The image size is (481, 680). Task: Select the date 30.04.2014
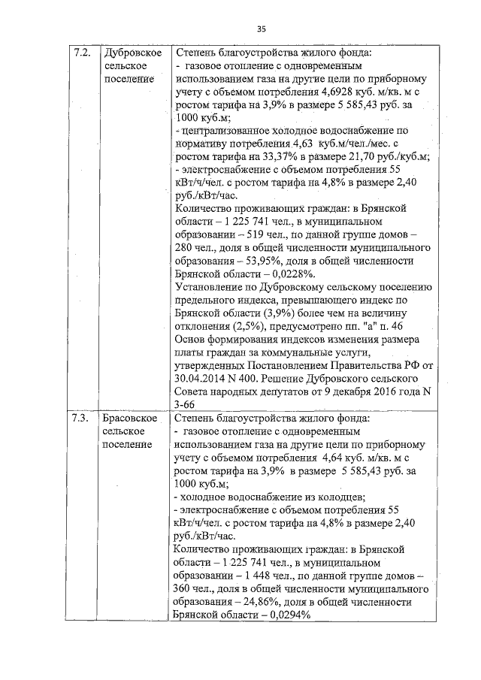coord(204,379)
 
